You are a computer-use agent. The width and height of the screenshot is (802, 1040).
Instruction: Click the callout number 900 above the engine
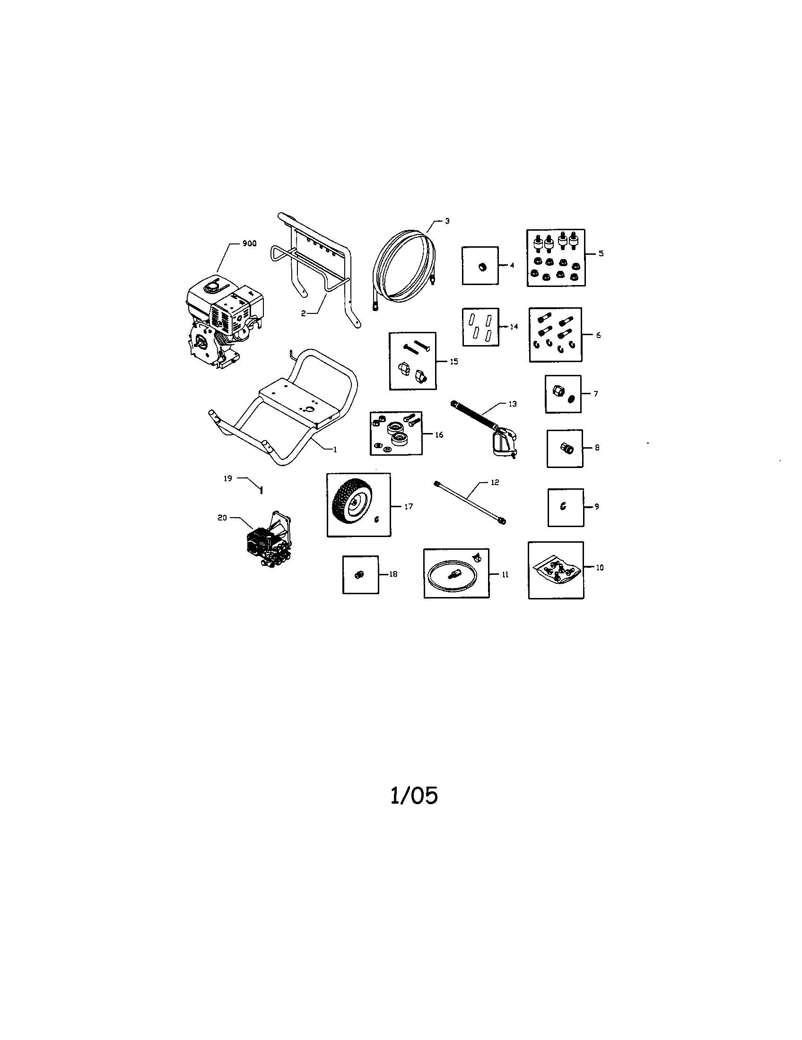(x=250, y=243)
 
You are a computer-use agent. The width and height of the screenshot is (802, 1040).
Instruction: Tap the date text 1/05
(x=414, y=795)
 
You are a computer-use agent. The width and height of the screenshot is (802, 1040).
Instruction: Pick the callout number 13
(x=513, y=404)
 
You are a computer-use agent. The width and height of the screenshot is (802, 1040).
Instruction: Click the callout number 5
(x=601, y=253)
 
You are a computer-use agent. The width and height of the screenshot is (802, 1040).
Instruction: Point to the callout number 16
(x=439, y=435)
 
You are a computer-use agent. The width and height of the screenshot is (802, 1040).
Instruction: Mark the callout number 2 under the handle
(x=304, y=313)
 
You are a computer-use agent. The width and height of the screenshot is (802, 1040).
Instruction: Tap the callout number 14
(x=514, y=327)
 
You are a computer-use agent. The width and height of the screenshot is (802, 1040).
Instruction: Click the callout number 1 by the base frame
(x=335, y=449)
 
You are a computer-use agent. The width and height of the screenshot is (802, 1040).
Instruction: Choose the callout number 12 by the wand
(x=495, y=482)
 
